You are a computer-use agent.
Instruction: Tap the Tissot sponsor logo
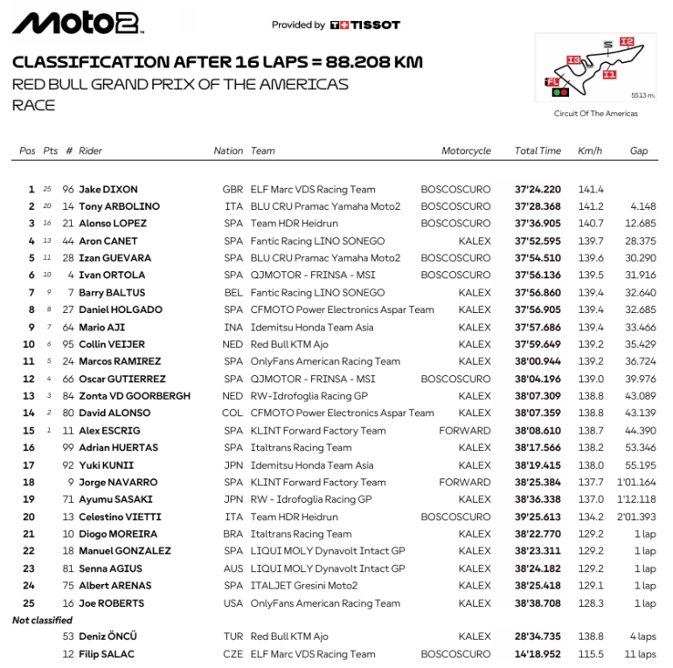(365, 25)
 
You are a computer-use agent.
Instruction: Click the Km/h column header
(590, 151)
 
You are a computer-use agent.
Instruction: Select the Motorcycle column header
(466, 151)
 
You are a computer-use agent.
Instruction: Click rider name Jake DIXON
(108, 190)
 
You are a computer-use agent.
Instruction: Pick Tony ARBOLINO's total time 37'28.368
(538, 206)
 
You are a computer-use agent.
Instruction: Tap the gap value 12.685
(641, 224)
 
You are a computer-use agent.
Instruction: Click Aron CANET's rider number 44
(67, 241)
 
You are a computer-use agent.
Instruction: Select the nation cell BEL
(232, 293)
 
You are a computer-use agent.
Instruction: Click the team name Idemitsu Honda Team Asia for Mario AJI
(311, 327)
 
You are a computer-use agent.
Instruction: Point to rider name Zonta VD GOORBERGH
(134, 396)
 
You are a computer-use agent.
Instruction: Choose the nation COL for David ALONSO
(232, 413)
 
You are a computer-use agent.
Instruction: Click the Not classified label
(42, 620)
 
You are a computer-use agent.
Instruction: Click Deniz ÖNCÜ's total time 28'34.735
(538, 637)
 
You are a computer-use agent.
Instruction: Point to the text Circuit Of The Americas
(595, 114)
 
